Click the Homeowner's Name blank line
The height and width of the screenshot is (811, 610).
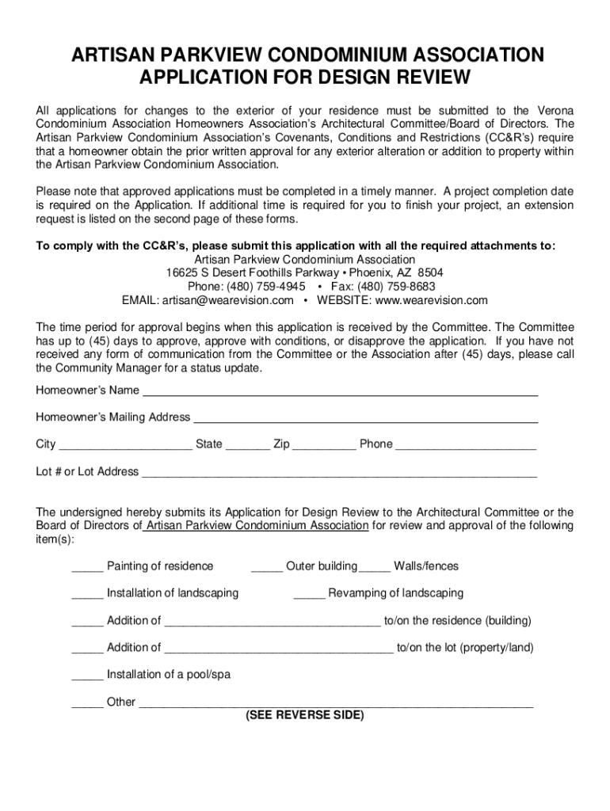click(339, 391)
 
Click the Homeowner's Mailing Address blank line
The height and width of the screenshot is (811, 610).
click(366, 418)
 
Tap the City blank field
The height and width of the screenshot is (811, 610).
click(125, 445)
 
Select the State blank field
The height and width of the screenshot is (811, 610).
click(247, 445)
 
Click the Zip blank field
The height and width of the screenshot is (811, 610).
click(324, 445)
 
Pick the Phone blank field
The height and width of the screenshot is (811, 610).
click(466, 445)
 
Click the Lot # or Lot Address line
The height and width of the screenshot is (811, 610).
click(339, 473)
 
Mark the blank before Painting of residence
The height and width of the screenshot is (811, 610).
click(87, 567)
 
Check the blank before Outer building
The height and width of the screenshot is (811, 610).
click(267, 567)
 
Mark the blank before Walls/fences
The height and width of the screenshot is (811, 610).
click(375, 567)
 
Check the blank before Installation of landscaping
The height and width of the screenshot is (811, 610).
click(87, 594)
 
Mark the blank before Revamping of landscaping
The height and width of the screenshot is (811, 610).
click(309, 594)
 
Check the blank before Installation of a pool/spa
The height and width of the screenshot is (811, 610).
click(87, 676)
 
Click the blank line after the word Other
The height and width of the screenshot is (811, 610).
click(336, 702)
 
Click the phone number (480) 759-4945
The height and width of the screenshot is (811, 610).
click(266, 286)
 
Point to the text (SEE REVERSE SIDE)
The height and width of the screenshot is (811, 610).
click(304, 715)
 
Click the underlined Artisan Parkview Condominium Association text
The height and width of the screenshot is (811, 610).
click(257, 526)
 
